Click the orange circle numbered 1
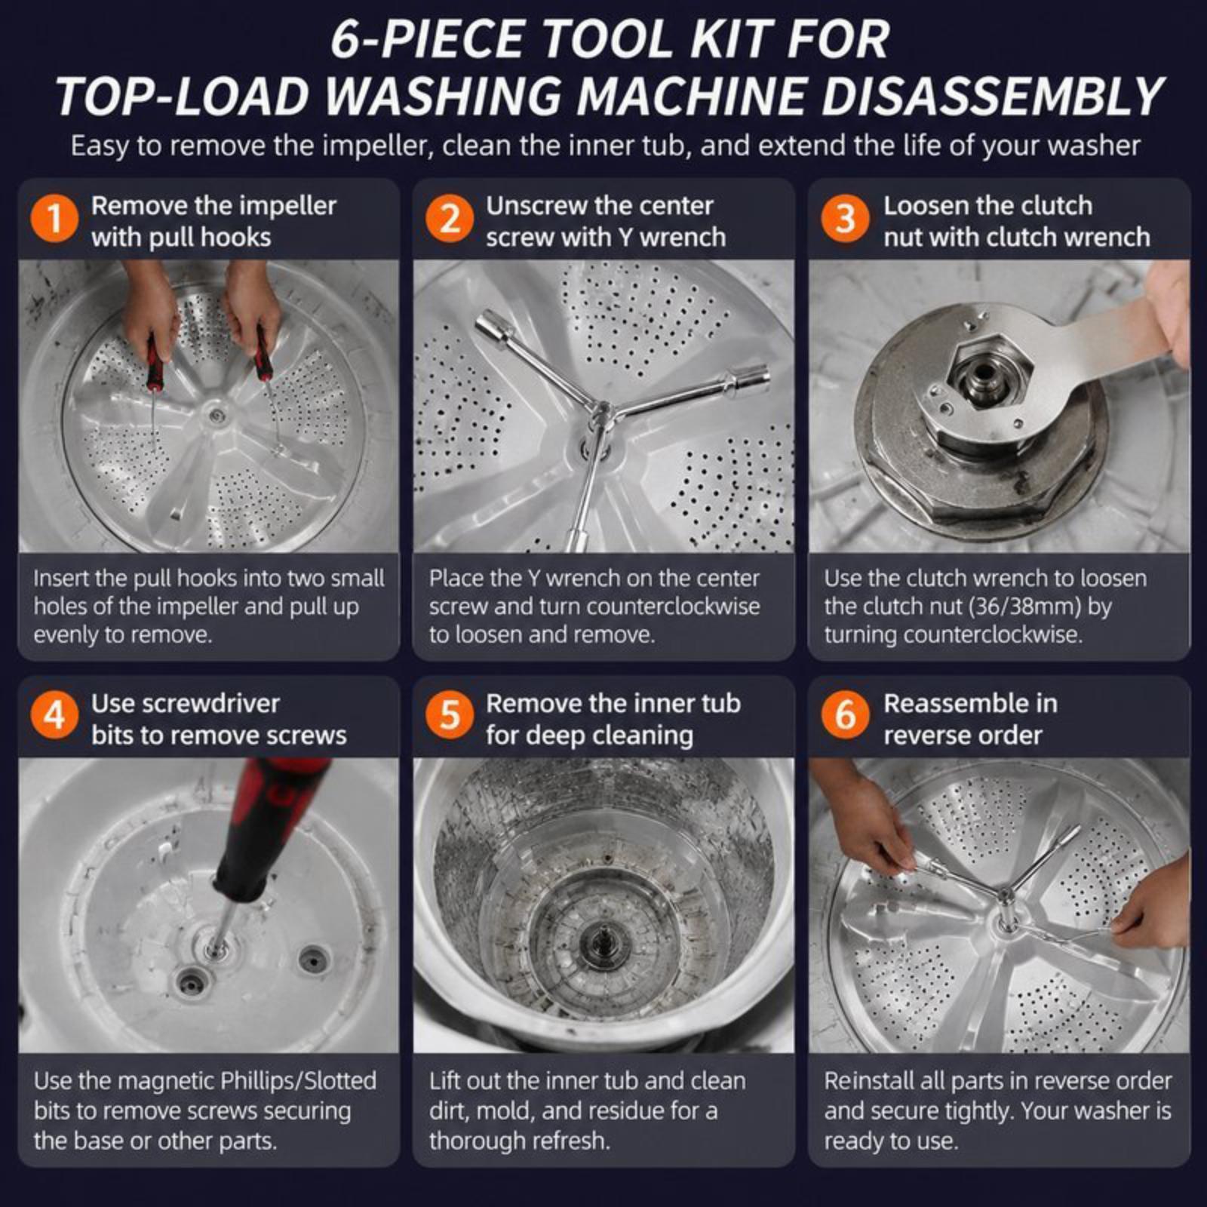[x=54, y=220]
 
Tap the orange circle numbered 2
[x=450, y=220]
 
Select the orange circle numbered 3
[x=845, y=220]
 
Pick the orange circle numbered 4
[x=54, y=716]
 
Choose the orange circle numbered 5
[x=450, y=716]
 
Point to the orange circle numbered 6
[x=845, y=716]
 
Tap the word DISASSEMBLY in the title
[x=992, y=97]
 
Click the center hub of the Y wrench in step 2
[x=604, y=412]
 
